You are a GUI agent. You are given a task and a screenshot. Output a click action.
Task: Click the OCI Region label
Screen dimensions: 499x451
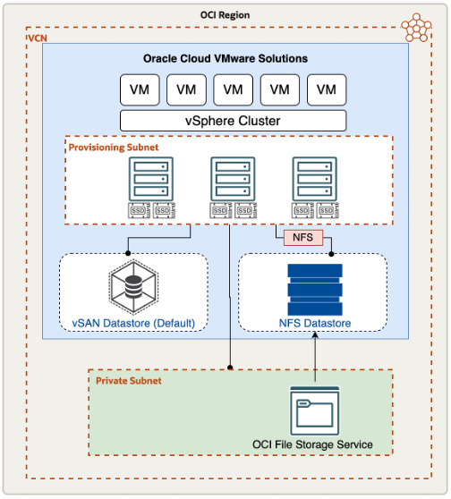pos(225,15)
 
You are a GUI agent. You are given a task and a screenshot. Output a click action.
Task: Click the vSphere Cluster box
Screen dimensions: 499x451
pos(233,121)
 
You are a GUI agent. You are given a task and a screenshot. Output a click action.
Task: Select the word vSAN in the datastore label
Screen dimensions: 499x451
pos(88,323)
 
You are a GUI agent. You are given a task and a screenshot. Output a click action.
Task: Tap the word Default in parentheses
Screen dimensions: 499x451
pos(169,323)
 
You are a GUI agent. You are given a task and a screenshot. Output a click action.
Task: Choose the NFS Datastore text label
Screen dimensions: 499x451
pos(312,323)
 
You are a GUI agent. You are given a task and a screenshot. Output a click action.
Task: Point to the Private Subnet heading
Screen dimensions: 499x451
pos(129,380)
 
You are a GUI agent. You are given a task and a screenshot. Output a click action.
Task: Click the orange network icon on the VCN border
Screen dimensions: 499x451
pos(416,28)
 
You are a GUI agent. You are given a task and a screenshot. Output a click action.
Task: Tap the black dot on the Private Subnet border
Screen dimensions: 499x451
pos(231,368)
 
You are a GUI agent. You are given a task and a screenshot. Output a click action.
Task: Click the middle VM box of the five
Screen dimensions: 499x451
pos(233,89)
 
